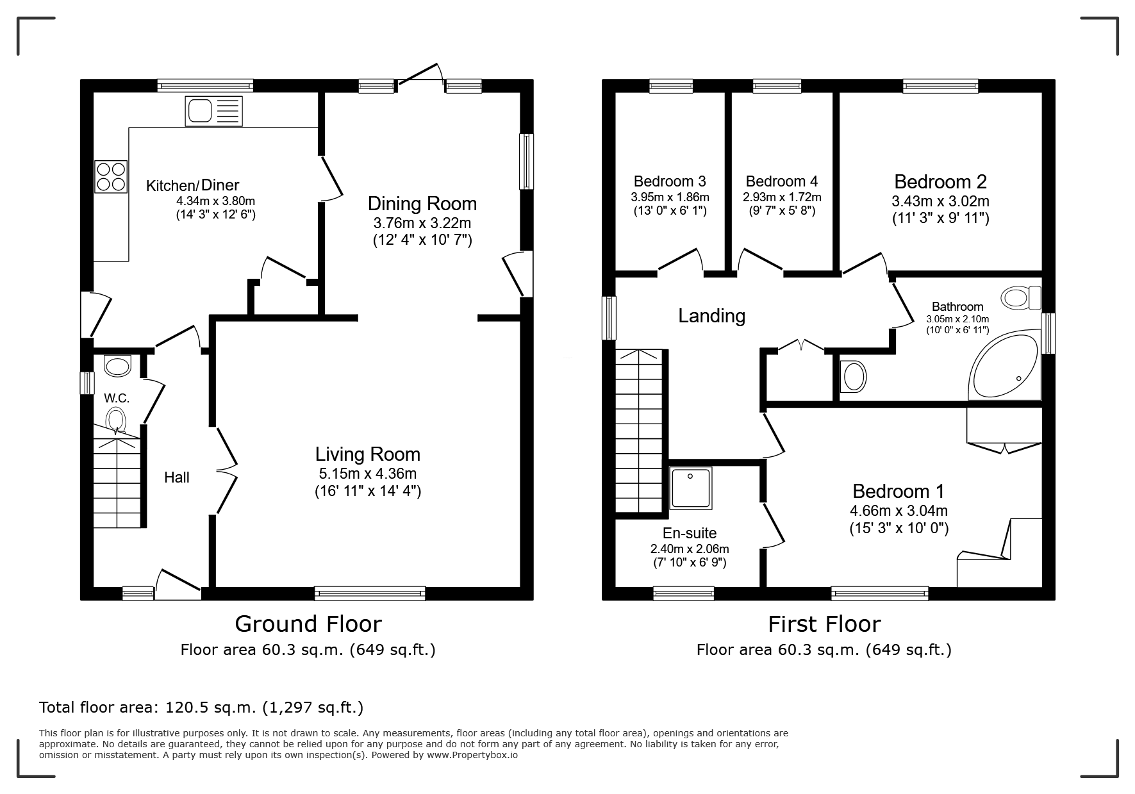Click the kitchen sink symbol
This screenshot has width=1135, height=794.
[x=214, y=111]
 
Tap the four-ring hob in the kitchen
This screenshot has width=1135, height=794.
[x=111, y=176]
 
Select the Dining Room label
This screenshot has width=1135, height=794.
[x=422, y=204]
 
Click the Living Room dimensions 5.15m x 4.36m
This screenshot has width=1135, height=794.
[x=368, y=474]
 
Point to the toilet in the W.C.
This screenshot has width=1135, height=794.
[x=115, y=420]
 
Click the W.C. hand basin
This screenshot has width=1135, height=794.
[x=117, y=366]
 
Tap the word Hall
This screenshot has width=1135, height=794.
[x=177, y=477]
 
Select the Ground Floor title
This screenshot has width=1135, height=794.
[x=308, y=624]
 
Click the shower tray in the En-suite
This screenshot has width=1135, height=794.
[x=691, y=488]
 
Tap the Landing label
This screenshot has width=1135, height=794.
[x=712, y=316]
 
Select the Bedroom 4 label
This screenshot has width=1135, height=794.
[x=782, y=181]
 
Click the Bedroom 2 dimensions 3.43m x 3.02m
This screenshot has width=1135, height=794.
[x=941, y=201]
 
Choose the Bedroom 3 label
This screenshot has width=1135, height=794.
[x=670, y=181]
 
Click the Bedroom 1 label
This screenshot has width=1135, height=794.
[x=899, y=492]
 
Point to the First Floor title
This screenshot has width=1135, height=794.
[x=825, y=624]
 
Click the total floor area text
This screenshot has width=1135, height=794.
[x=201, y=707]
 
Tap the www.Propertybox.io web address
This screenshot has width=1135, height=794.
[x=472, y=755]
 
